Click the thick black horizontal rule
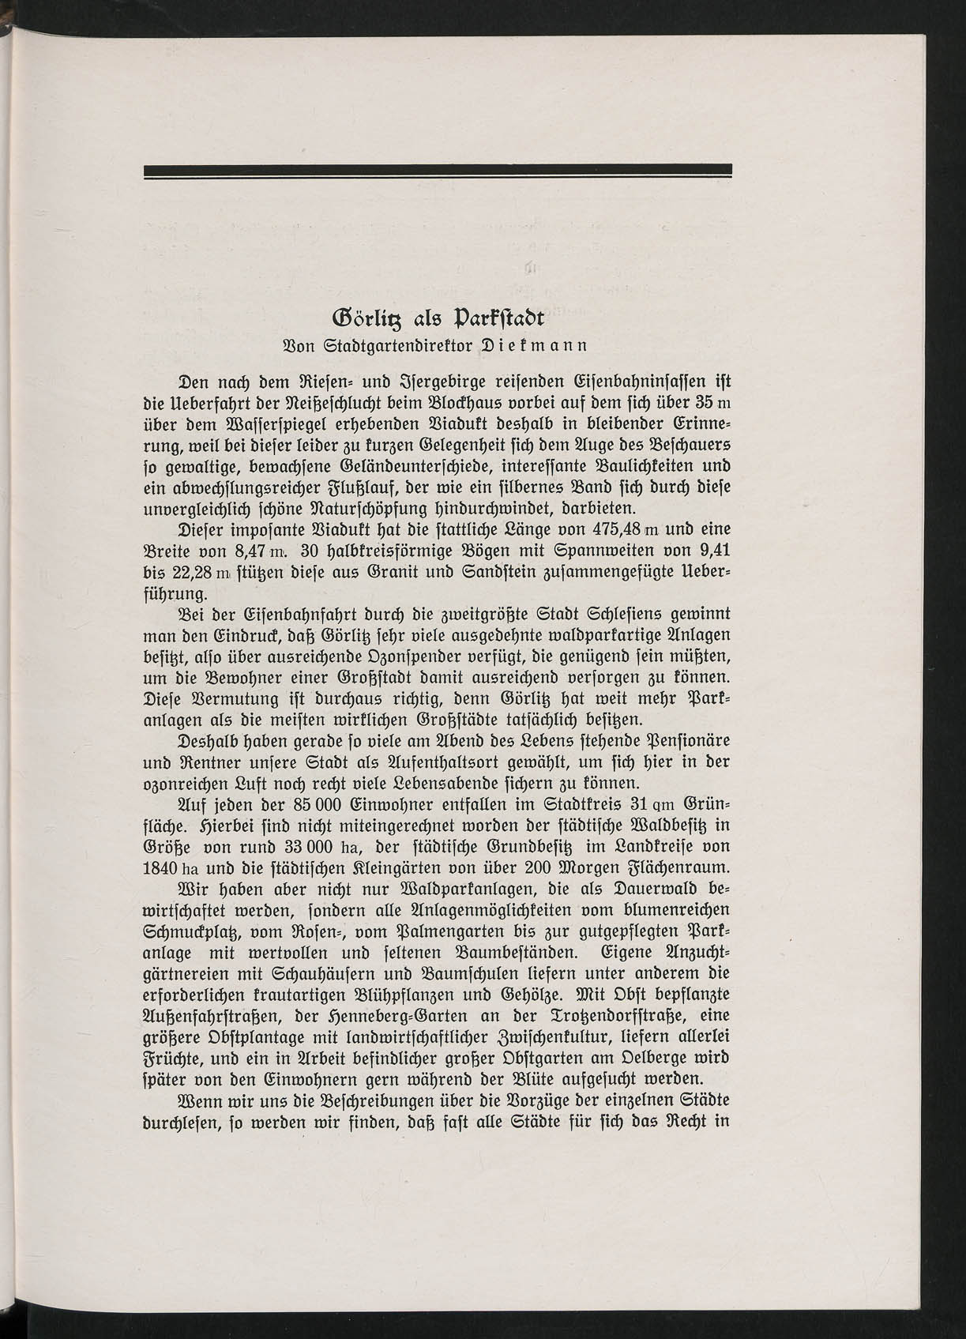(x=438, y=171)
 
